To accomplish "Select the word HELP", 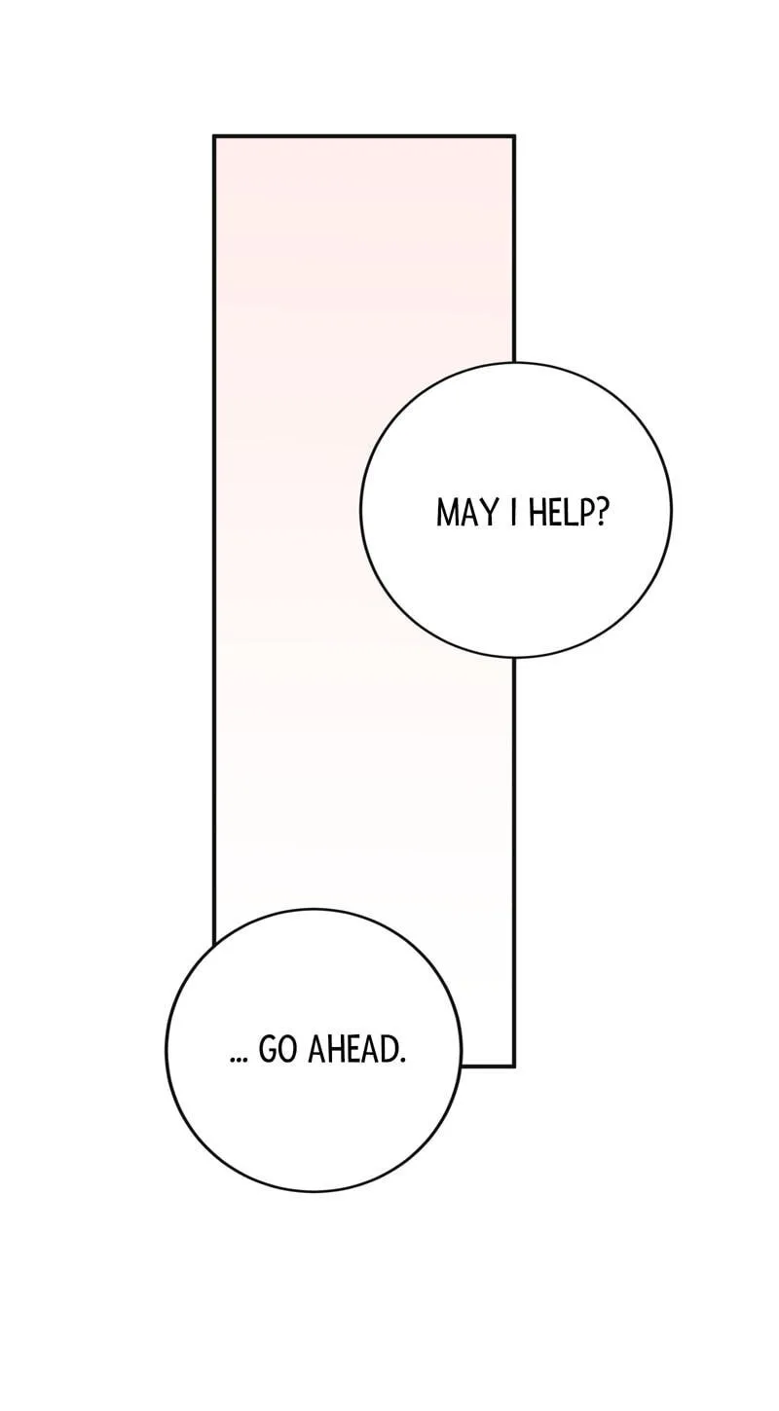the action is pyautogui.click(x=562, y=514).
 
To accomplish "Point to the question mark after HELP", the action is pyautogui.click(x=603, y=514).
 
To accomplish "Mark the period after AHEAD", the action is pyautogui.click(x=401, y=1061).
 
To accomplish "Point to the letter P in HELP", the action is pyautogui.click(x=587, y=514).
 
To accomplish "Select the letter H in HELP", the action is pyautogui.click(x=537, y=514).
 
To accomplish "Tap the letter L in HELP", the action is pyautogui.click(x=572, y=514).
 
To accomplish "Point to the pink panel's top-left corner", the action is pyautogui.click(x=214, y=136).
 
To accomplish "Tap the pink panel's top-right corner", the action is pyautogui.click(x=514, y=136).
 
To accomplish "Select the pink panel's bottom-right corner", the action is pyautogui.click(x=514, y=1067).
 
